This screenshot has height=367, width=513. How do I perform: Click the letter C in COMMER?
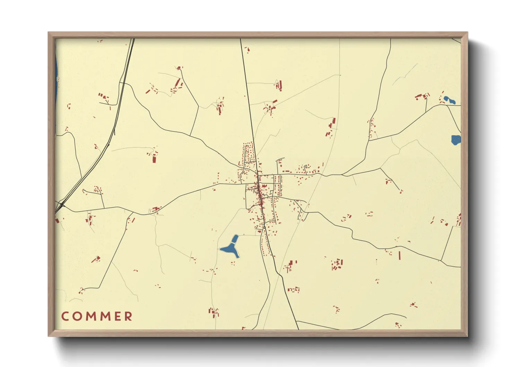(x=65, y=316)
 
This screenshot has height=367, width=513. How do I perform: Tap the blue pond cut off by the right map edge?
(x=456, y=139)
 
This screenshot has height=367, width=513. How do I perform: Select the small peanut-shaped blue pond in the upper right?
(x=449, y=100)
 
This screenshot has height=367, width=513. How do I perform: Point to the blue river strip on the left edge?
(x=56, y=87)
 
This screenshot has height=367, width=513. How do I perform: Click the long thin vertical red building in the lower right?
(x=400, y=255)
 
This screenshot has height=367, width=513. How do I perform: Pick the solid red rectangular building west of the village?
(x=154, y=159)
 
